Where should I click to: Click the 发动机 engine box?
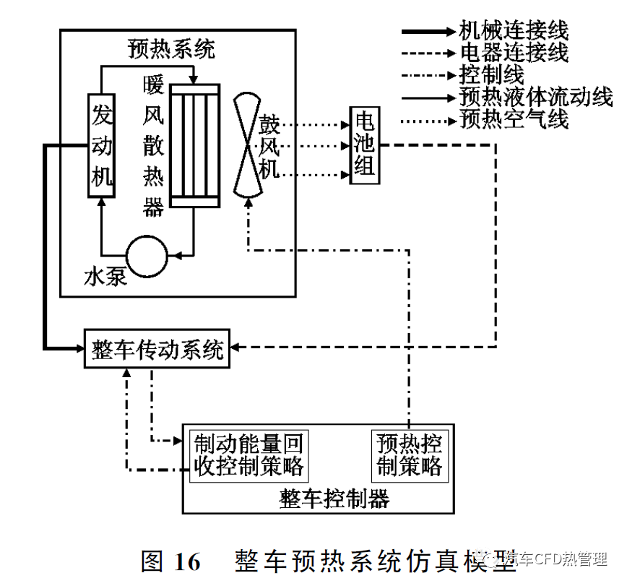point(101,145)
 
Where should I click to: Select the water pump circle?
point(147,255)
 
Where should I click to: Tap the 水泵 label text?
point(106,277)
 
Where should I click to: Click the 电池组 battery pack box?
point(364,145)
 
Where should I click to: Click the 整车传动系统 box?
point(157,348)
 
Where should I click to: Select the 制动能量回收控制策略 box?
point(248,454)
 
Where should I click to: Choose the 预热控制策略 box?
point(409,454)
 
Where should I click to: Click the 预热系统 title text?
point(171,49)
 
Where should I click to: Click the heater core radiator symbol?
point(194,145)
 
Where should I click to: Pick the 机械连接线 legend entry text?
point(514,30)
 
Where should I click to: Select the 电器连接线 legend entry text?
point(514,53)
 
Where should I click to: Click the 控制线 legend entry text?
point(492,74)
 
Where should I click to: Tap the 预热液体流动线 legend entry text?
point(535,97)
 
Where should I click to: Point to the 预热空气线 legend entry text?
point(514,119)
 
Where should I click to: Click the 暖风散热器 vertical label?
point(153,145)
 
